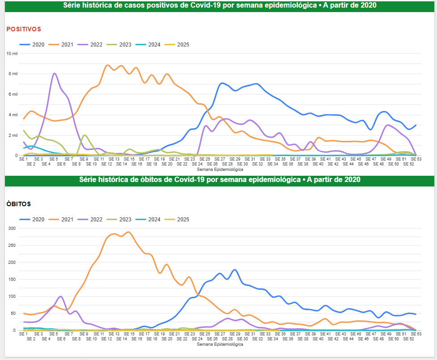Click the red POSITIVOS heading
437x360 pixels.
pos(23,29)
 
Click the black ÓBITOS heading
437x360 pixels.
pos(18,204)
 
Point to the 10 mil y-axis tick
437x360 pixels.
pos(12,53)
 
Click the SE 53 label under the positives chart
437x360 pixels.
pos(416,159)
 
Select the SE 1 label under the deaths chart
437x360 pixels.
pos(24,334)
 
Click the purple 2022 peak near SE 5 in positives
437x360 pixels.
pos(54,73)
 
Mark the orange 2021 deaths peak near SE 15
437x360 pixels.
pos(128,232)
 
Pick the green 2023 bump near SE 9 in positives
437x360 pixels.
pos(85,135)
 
